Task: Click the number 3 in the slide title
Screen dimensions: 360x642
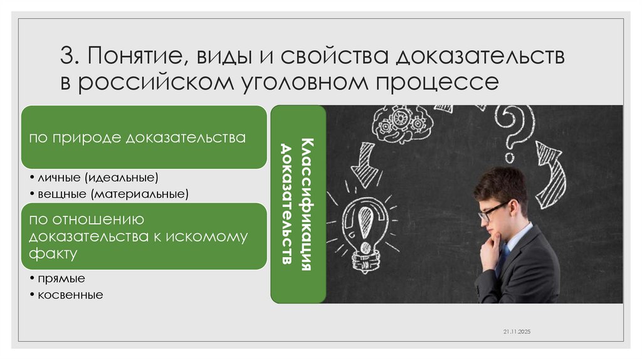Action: point(67,57)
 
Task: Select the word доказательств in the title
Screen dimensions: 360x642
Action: point(480,57)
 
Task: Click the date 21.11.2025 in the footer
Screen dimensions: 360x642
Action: point(516,331)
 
